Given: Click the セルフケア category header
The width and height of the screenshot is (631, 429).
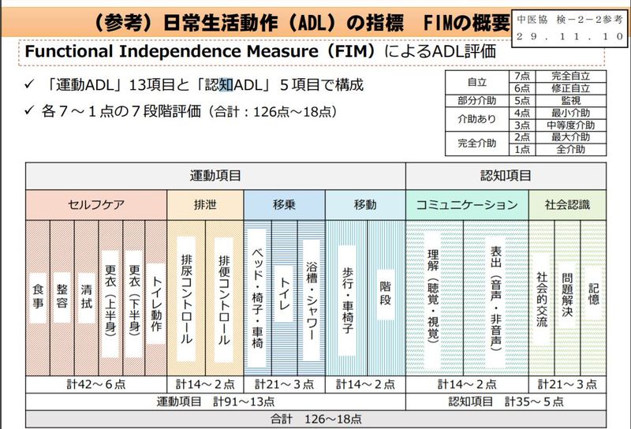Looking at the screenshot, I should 96,205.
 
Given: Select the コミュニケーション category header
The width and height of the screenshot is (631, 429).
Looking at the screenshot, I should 467,205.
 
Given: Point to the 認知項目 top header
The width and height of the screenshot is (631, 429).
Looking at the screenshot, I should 506,176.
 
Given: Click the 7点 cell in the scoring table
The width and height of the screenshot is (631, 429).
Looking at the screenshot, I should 521,76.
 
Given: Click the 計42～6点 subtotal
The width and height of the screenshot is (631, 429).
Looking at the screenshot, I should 96,384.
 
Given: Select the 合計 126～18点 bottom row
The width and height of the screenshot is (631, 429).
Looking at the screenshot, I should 315,417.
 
